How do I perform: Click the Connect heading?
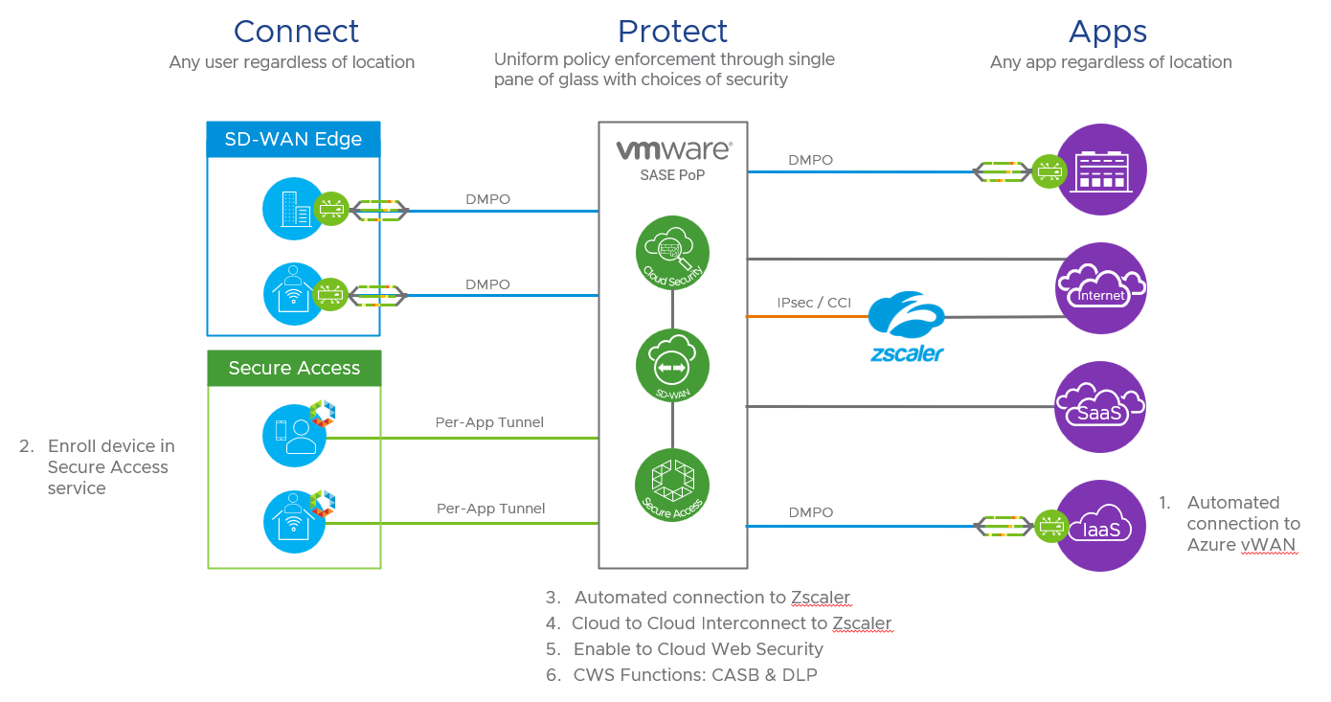[296, 32]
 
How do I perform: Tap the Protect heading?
[672, 32]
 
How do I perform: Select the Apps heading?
[1107, 32]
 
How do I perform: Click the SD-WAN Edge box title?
[293, 139]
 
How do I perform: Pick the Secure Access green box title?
[294, 368]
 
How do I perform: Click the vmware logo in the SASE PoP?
[673, 150]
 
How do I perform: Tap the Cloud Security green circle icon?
[672, 252]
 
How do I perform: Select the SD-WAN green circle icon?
[672, 367]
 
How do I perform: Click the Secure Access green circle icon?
[672, 485]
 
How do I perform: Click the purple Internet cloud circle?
[1100, 287]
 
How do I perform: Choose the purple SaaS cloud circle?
[1100, 407]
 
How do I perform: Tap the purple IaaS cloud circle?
[1100, 525]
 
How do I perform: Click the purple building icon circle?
[1100, 170]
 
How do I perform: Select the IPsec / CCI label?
[814, 303]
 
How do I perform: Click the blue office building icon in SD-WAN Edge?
[294, 208]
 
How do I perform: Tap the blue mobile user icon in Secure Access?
[294, 436]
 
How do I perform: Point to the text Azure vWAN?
[1241, 545]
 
